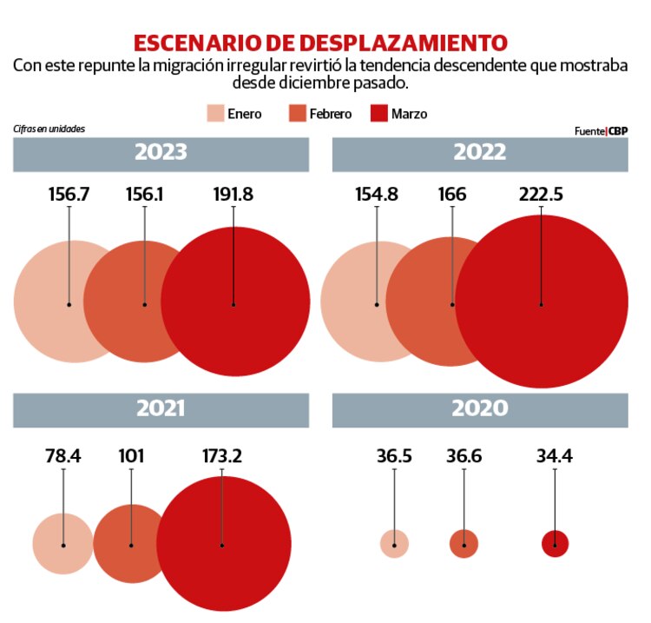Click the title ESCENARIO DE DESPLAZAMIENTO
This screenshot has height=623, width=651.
[x=320, y=43]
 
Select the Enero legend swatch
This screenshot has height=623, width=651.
[x=214, y=114]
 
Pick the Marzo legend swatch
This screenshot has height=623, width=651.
[x=378, y=114]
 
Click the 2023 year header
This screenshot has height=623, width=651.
[x=161, y=152]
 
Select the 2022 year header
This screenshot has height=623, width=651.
[x=480, y=152]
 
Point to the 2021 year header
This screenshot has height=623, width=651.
[x=161, y=409]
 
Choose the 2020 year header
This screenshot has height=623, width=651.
[x=480, y=409]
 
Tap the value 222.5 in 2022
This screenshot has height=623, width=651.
[x=540, y=194]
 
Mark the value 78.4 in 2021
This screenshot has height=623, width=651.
[x=63, y=456]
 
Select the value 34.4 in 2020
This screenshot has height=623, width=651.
[x=554, y=456]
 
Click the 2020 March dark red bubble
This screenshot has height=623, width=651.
[x=555, y=544]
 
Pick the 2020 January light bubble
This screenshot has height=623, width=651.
[x=394, y=544]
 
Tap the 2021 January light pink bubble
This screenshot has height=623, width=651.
[x=56, y=544]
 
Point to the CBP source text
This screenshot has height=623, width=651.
[x=617, y=131]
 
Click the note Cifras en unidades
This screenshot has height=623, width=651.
[x=49, y=129]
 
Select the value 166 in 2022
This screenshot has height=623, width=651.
[x=451, y=194]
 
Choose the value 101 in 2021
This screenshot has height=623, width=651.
[x=131, y=456]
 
